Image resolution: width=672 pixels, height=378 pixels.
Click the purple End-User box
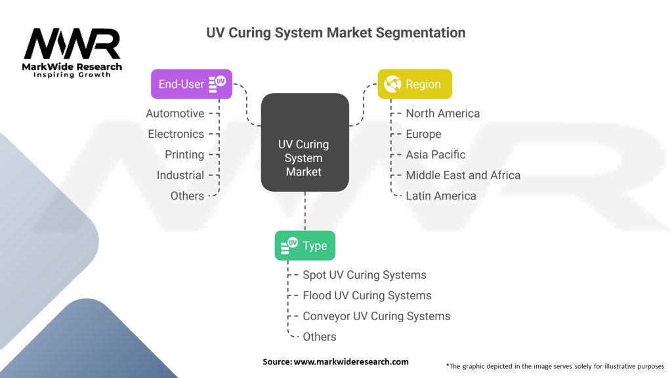point(192,84)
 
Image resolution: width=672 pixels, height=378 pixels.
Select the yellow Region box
point(415,84)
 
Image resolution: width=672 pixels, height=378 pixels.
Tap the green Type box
point(305,245)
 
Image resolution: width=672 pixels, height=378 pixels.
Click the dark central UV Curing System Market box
point(304,142)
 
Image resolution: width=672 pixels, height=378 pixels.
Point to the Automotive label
point(175,114)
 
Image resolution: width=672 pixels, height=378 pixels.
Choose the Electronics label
point(176,134)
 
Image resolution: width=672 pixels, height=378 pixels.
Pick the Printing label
point(184,155)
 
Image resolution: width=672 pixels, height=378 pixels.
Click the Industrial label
point(180,175)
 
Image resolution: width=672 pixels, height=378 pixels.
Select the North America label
point(443,114)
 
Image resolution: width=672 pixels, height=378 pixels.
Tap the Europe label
point(423,134)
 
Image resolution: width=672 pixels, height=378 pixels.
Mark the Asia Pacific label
point(436,155)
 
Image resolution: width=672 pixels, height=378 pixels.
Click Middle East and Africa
point(463,175)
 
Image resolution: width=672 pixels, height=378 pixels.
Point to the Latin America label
point(441,196)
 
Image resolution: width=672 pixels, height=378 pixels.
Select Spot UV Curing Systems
point(364,275)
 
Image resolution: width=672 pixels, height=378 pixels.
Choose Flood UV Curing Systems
point(367,296)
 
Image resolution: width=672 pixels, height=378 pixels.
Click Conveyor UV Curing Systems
point(376,316)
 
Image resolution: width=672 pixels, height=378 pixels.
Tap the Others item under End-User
point(187,196)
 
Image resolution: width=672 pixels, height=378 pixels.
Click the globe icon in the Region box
point(392,84)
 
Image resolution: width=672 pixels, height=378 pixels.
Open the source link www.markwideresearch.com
point(351,362)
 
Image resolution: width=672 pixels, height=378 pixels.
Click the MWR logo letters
point(72,44)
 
